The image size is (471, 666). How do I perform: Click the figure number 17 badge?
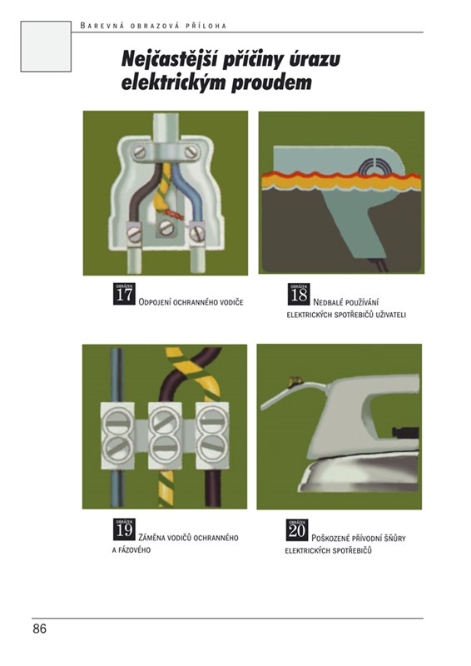(x=124, y=293)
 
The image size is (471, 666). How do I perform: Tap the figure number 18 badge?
(x=299, y=294)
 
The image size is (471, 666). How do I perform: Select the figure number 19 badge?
(x=124, y=529)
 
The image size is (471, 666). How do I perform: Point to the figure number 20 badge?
(x=297, y=529)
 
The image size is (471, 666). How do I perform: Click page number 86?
(x=39, y=629)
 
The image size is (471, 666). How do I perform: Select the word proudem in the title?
(x=271, y=82)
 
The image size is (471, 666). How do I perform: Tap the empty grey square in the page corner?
(x=46, y=47)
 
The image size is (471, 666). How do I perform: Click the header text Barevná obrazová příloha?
(x=153, y=26)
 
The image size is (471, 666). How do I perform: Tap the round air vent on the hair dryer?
(x=374, y=167)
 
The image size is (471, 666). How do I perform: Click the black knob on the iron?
(x=405, y=433)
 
